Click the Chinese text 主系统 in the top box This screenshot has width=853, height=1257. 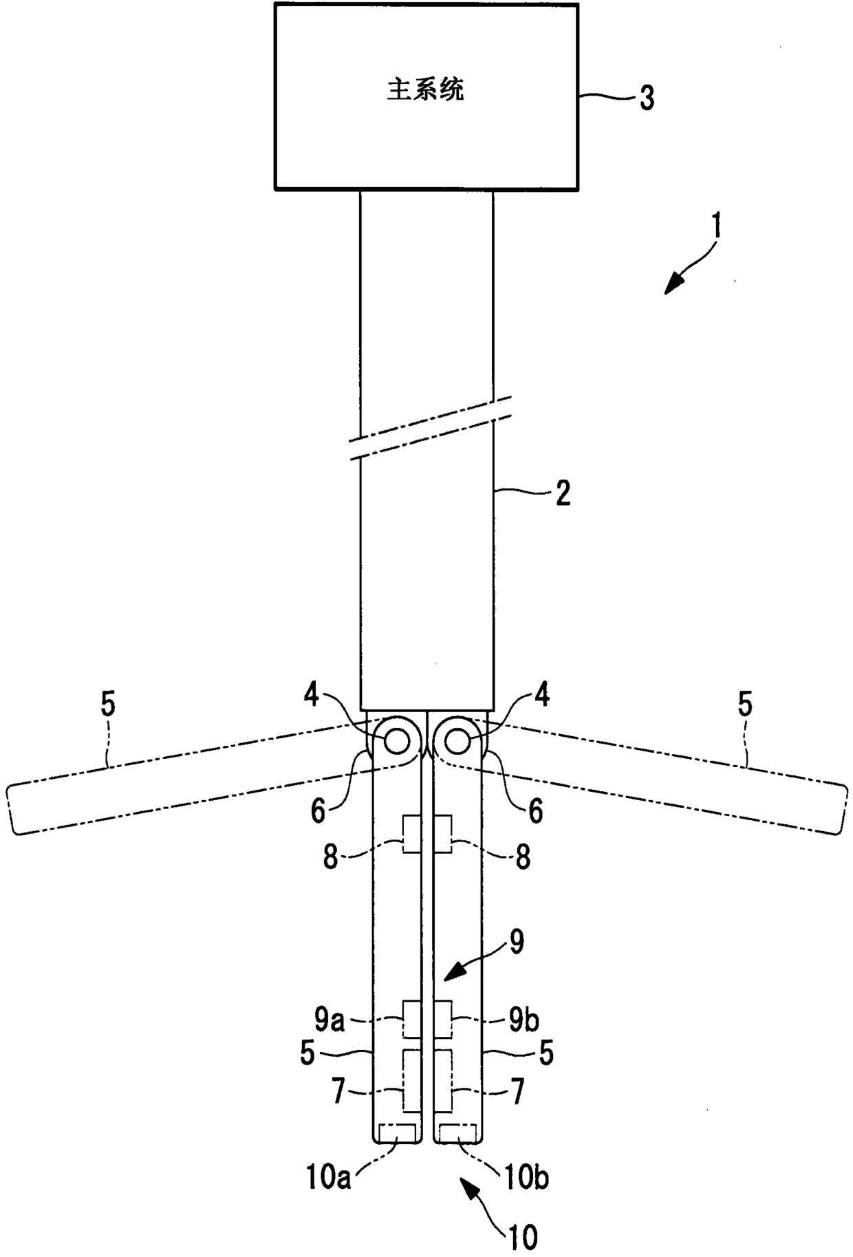(x=425, y=90)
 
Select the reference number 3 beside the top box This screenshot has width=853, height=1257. (x=646, y=98)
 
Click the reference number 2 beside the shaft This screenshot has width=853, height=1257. (x=563, y=493)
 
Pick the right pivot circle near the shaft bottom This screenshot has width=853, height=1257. (x=456, y=741)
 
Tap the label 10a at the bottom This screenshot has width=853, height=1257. (x=330, y=1180)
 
